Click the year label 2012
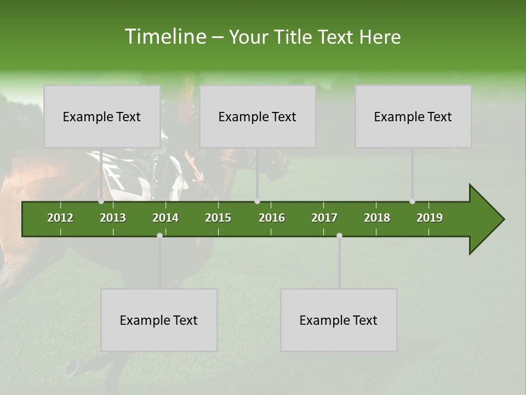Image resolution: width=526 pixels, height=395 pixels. [60, 218]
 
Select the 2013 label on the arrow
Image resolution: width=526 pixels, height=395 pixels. [113, 218]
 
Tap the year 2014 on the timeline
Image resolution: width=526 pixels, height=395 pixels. [165, 218]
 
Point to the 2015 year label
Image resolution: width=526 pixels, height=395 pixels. [218, 218]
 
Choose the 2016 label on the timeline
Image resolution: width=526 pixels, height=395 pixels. [272, 218]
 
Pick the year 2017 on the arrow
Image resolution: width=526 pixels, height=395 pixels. [324, 218]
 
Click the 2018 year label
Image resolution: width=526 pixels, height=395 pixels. [377, 218]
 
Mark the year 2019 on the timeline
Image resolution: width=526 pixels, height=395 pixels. [430, 218]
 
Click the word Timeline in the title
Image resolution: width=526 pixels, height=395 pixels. [164, 37]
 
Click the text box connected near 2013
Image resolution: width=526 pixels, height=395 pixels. [102, 116]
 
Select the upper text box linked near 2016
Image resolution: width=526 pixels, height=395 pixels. [258, 116]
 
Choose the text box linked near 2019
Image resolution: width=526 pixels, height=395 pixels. [413, 116]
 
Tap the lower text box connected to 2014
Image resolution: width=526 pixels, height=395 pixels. [159, 320]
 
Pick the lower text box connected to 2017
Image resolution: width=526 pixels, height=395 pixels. [339, 320]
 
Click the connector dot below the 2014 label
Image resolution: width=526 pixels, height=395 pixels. [159, 235]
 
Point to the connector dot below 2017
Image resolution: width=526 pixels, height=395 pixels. [339, 235]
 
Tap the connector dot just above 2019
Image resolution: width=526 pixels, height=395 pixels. [412, 201]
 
